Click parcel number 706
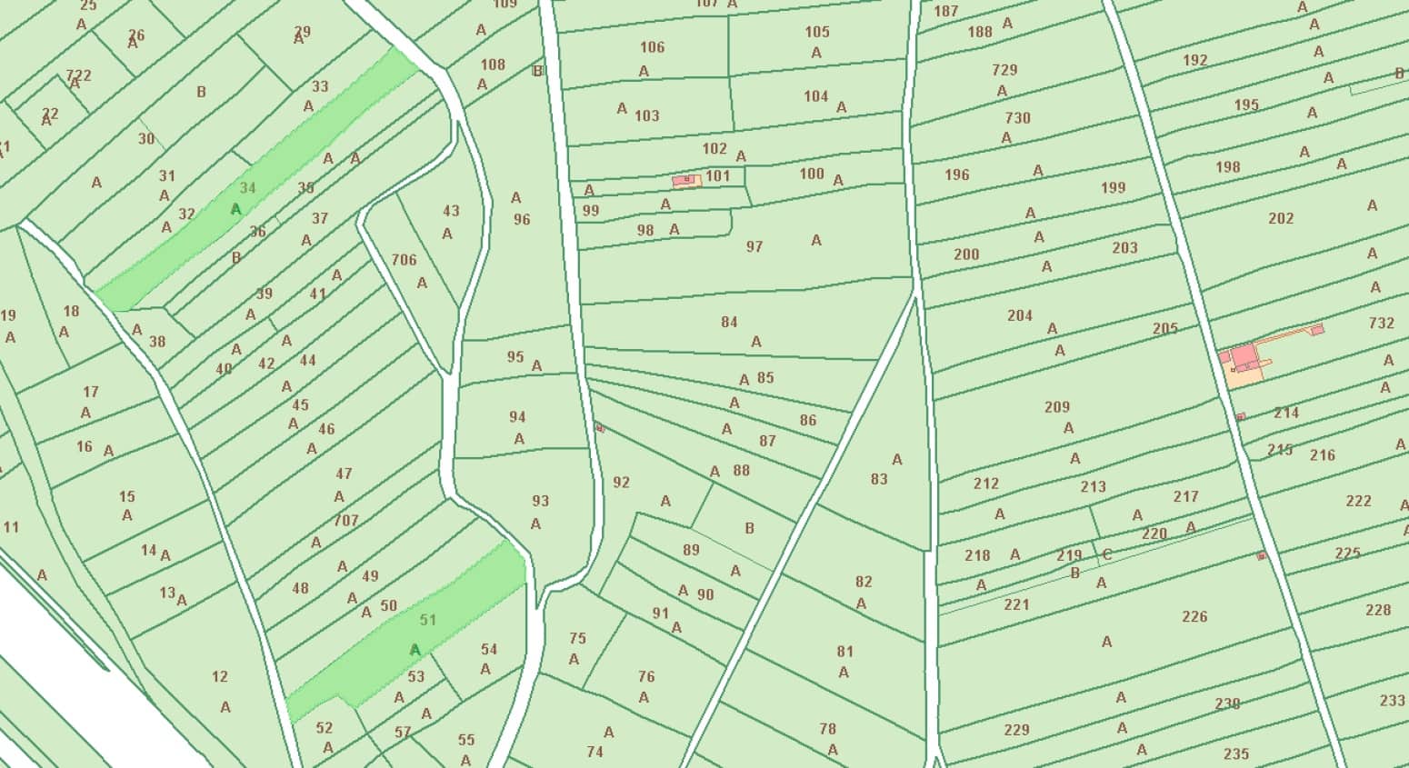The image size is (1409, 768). (404, 260)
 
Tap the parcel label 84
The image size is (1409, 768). (729, 322)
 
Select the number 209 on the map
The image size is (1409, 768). (1056, 407)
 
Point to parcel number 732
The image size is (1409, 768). (1381, 323)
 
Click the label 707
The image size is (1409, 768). (346, 521)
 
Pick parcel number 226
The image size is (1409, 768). (1194, 616)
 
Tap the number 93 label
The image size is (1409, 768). (540, 501)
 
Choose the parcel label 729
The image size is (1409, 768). (1004, 70)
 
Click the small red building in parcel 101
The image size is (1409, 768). (687, 180)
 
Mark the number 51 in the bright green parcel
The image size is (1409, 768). (428, 620)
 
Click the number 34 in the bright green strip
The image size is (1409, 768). (248, 188)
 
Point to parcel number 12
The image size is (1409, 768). (219, 676)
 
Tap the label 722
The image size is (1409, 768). (79, 75)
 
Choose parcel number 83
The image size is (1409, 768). (878, 479)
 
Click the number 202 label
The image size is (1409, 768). (1281, 218)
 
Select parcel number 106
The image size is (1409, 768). (652, 47)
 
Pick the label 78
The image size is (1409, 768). (827, 729)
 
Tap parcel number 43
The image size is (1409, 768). (451, 211)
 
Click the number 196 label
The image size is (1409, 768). (956, 175)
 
